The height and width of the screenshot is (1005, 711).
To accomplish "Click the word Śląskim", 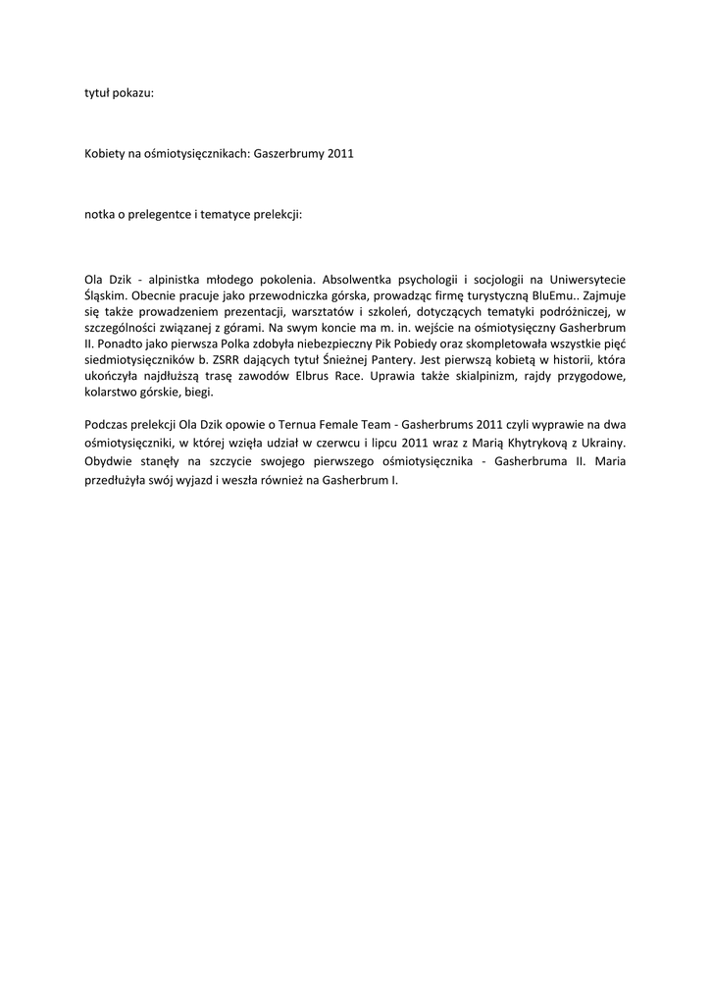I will pyautogui.click(x=105, y=294).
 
